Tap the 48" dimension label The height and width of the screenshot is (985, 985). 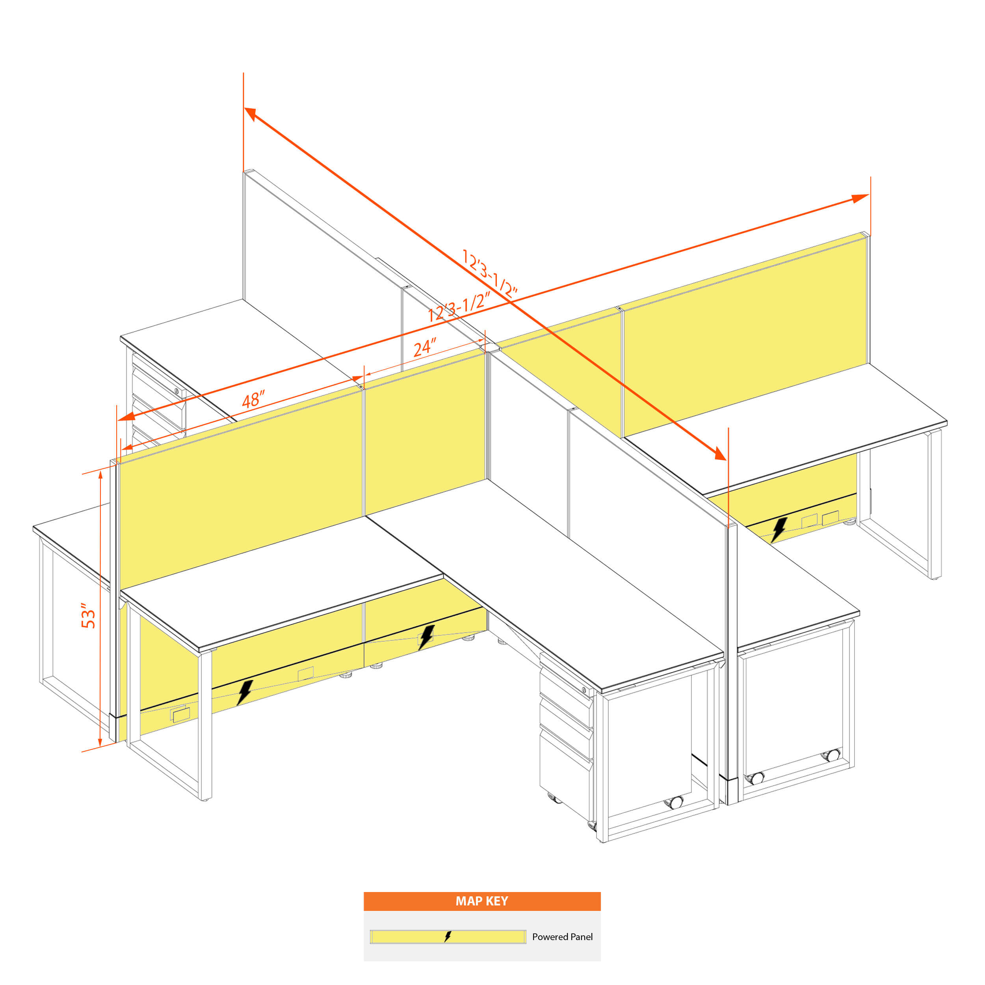(253, 399)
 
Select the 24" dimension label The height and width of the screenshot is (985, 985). (425, 348)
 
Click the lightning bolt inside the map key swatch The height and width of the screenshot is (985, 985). (448, 937)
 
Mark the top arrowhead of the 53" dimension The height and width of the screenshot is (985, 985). (100, 475)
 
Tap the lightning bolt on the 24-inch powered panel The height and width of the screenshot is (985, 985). (426, 637)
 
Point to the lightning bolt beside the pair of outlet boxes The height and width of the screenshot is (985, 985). (779, 530)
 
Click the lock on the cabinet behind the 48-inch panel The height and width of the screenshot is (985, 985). (177, 392)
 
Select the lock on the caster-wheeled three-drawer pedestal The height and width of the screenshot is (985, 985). (584, 690)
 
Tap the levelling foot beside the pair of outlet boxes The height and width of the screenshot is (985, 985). (849, 522)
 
